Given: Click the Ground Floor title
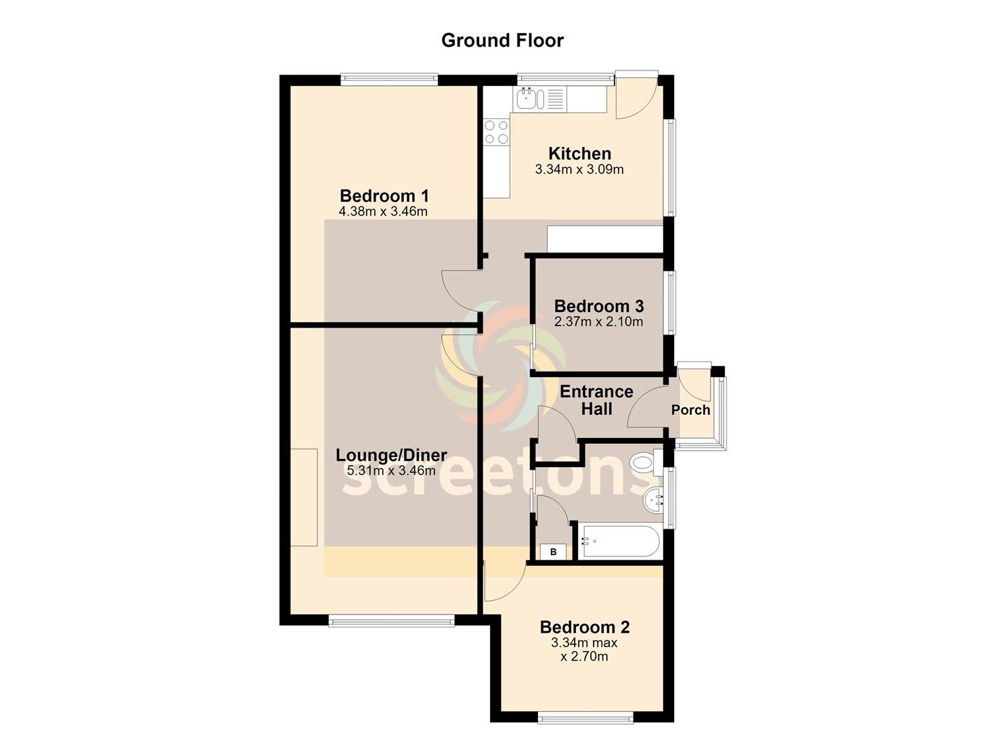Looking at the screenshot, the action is (502, 41).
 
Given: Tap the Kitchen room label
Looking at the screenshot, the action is (579, 154).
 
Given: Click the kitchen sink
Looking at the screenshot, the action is (530, 99).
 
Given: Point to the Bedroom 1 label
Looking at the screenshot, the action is (384, 196).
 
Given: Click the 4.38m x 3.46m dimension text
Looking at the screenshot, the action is (383, 211).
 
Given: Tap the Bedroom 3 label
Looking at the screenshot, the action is (599, 306).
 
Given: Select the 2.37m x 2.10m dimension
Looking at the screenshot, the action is (598, 322).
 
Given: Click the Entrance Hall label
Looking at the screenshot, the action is (596, 400).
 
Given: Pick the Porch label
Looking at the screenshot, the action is (690, 409).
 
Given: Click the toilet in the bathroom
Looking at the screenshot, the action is (646, 462).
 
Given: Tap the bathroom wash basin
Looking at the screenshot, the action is (653, 500).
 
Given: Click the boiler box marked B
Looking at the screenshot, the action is (553, 552).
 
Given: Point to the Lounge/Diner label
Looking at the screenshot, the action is (391, 455).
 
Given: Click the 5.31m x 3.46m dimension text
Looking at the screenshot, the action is (391, 470).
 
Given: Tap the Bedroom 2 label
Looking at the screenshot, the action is (585, 627).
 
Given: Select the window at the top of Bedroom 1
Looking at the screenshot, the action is (389, 79).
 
